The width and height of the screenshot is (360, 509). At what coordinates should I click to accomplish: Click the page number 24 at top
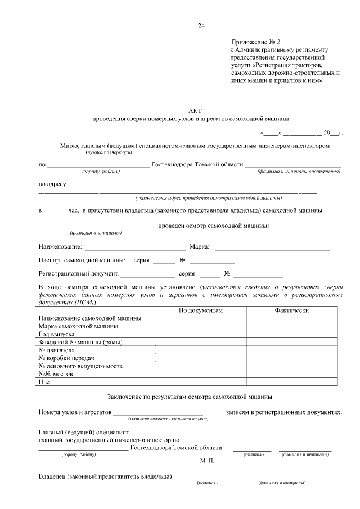pyautogui.click(x=201, y=26)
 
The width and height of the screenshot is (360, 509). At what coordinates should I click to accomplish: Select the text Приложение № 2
pyautogui.click(x=255, y=43)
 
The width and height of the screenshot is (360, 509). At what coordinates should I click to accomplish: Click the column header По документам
pyautogui.click(x=201, y=310)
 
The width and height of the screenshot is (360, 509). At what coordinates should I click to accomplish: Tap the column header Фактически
pyautogui.click(x=291, y=310)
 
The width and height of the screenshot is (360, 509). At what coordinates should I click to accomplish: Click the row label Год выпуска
pyautogui.click(x=56, y=334)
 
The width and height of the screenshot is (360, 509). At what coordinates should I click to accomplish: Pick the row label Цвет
pyautogui.click(x=45, y=381)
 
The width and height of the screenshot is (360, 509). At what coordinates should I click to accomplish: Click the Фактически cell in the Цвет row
pyautogui.click(x=291, y=381)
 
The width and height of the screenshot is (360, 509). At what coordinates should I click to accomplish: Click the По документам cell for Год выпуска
pyautogui.click(x=201, y=334)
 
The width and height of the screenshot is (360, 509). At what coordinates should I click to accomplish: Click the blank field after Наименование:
pyautogui.click(x=135, y=246)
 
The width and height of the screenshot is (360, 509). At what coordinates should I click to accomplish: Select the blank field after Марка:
pyautogui.click(x=272, y=246)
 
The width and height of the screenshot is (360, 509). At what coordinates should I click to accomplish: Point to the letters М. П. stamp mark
pyautogui.click(x=207, y=460)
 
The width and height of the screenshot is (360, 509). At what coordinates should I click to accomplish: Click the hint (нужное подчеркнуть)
pyautogui.click(x=109, y=152)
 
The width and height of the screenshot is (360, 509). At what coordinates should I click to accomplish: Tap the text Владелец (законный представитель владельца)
pyautogui.click(x=105, y=477)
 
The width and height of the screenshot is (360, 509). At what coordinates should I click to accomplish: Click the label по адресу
pyautogui.click(x=52, y=184)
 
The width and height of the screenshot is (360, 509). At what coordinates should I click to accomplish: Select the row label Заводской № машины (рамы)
pyautogui.click(x=80, y=342)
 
